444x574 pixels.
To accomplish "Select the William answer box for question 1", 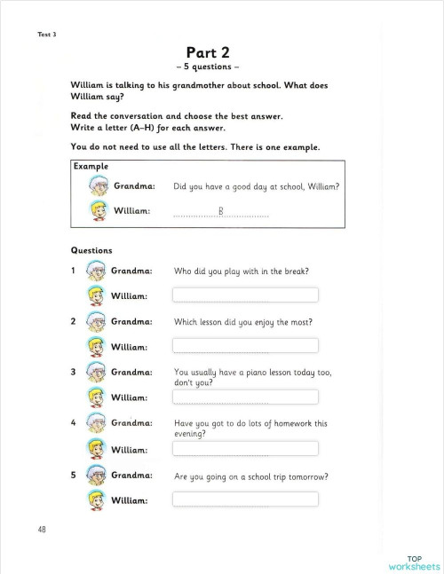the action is click(245, 295).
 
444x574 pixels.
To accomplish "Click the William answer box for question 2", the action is click(245, 345).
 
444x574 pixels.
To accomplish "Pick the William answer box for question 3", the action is click(245, 397).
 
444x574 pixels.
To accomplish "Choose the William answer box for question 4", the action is click(245, 448).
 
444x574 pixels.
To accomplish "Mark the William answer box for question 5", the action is click(245, 499).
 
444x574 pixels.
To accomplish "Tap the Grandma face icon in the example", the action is click(99, 186).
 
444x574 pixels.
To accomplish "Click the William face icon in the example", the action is click(99, 211).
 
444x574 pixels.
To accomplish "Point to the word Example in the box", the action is click(91, 166).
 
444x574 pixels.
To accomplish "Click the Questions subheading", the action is click(91, 250).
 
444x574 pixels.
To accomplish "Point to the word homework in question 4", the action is click(290, 424).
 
